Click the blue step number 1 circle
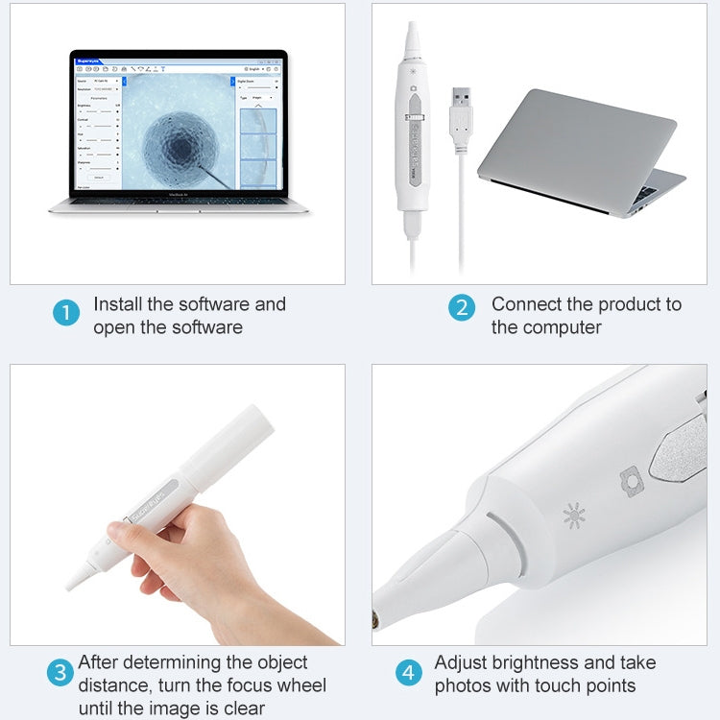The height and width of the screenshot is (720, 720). tap(66, 313)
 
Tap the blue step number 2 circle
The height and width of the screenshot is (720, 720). tap(462, 307)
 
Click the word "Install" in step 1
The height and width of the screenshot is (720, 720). tap(118, 304)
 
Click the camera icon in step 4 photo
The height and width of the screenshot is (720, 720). tap(630, 480)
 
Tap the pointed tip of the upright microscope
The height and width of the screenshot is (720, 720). tap(413, 29)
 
